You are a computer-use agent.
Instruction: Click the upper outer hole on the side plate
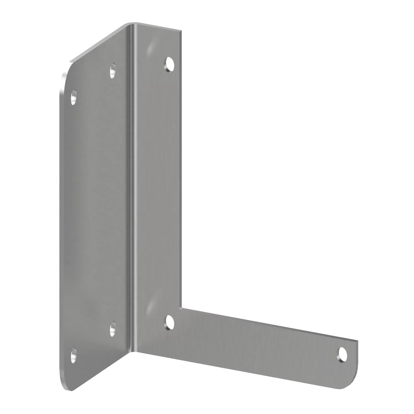coord(74,97)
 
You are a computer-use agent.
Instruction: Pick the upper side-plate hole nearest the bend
coord(113,70)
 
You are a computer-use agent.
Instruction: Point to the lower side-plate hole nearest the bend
coord(113,329)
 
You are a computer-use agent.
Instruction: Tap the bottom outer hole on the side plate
coord(73,355)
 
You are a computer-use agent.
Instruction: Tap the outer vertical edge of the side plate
coord(59,221)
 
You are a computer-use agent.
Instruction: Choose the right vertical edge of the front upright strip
coord(182,166)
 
